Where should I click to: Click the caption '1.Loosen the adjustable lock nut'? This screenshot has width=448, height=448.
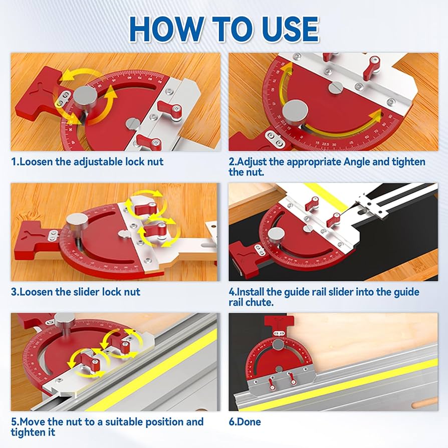tap(87, 162)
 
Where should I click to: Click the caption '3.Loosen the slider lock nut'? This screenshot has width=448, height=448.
tap(76, 292)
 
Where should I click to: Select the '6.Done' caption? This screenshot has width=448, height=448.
tap(245, 422)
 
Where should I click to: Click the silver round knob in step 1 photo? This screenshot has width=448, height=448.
tap(84, 97)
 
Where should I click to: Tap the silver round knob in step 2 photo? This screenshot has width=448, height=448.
tap(296, 110)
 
